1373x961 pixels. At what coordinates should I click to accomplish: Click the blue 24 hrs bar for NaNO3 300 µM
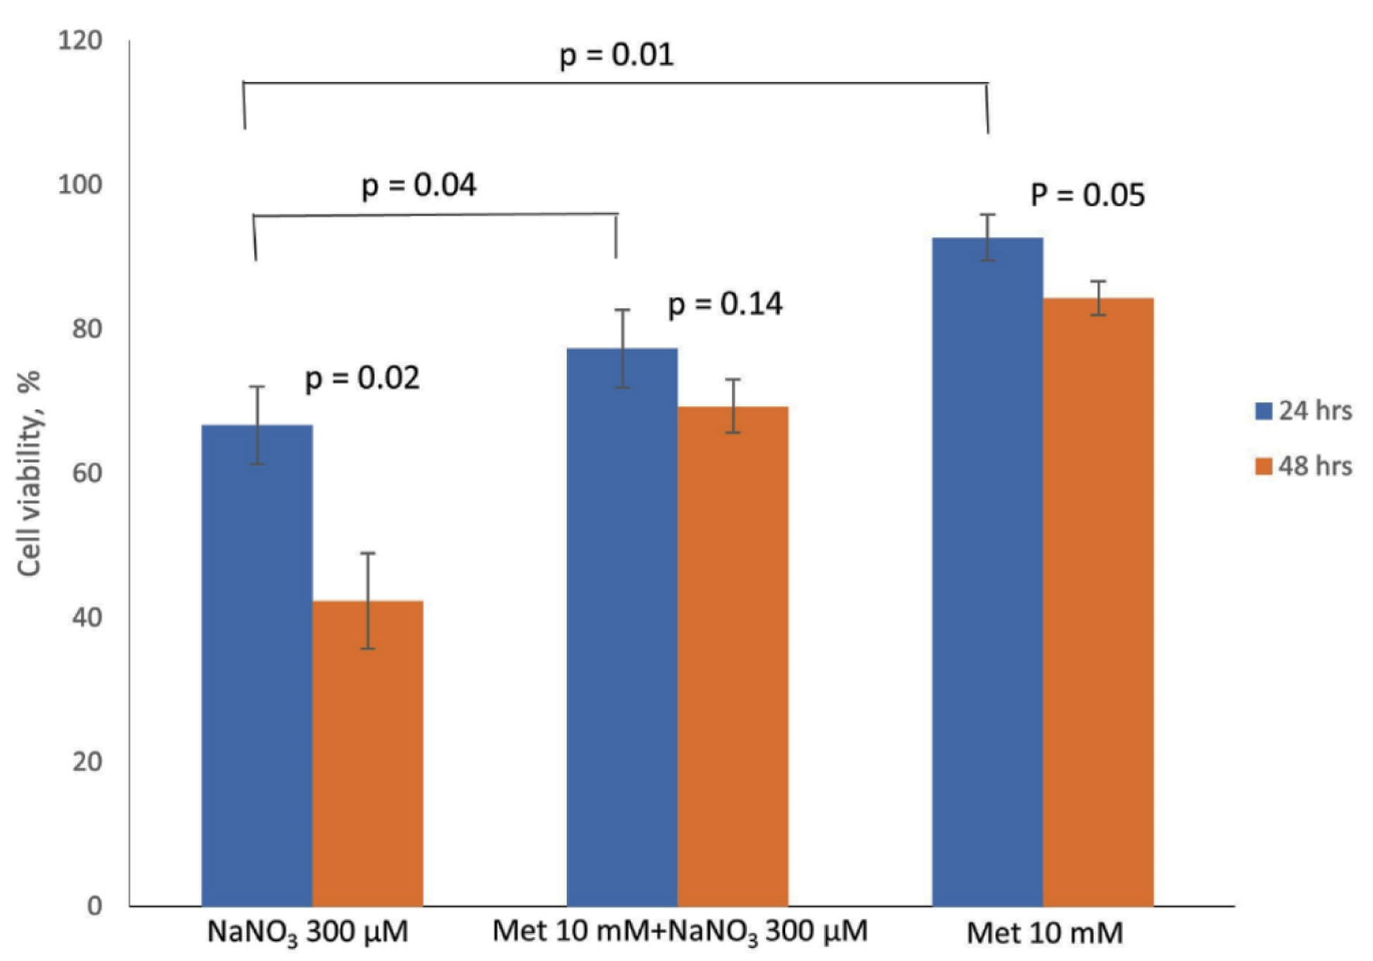coord(256,666)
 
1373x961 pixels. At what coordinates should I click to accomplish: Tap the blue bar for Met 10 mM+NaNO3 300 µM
coord(621,627)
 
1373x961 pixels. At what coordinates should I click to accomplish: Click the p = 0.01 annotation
coord(616,55)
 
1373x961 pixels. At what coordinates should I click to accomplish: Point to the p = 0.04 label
coord(418,186)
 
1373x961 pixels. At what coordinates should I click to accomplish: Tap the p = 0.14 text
coord(724,304)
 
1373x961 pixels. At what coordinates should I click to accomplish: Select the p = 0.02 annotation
coord(362,378)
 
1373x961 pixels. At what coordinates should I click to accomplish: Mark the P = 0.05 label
coord(1087,195)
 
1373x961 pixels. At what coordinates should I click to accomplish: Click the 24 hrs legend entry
coord(1304,410)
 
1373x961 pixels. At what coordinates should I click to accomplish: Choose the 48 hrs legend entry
coord(1304,466)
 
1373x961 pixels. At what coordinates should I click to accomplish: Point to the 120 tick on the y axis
coord(80,40)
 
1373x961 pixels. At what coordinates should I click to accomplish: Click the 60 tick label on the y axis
coord(87,473)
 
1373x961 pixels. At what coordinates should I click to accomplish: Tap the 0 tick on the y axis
coord(95,905)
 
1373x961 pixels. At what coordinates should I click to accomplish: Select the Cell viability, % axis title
coord(29,473)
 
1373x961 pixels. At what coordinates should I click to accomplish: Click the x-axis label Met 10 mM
coord(1044,933)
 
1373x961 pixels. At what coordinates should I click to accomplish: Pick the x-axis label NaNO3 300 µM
coord(308,932)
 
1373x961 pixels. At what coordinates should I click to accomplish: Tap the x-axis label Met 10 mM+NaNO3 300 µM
coord(680,932)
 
